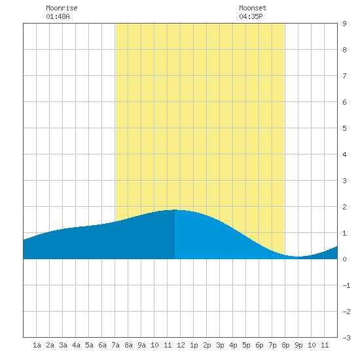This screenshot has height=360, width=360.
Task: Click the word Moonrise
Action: pyautogui.click(x=62, y=8)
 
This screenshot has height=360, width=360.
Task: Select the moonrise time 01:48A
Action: pyautogui.click(x=58, y=16)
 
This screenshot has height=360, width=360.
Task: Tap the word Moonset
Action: pyautogui.click(x=253, y=8)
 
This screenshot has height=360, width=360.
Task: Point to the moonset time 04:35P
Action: pyautogui.click(x=251, y=16)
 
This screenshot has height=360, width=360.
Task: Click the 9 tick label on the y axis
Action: pyautogui.click(x=344, y=24)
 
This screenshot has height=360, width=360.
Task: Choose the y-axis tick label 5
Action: pyautogui.click(x=344, y=128)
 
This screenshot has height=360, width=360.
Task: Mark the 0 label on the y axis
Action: pyautogui.click(x=344, y=259)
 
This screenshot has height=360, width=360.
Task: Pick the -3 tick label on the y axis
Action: pyautogui.click(x=346, y=338)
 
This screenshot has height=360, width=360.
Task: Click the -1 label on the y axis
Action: pyautogui.click(x=346, y=285)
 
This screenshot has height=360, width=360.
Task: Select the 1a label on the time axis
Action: pyautogui.click(x=37, y=345)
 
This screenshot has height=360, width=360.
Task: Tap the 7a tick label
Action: pyautogui.click(x=115, y=345)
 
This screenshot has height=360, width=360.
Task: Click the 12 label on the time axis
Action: pyautogui.click(x=181, y=345)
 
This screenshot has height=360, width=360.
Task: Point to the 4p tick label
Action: pyautogui.click(x=233, y=345)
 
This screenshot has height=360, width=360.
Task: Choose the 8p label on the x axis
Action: pyautogui.click(x=285, y=345)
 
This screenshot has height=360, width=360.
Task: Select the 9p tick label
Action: pyautogui.click(x=298, y=345)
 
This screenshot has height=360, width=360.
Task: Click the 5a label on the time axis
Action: pyautogui.click(x=89, y=345)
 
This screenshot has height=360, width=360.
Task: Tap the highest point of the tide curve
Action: pyautogui.click(x=175, y=209)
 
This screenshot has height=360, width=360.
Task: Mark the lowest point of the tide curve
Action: pyautogui.click(x=298, y=257)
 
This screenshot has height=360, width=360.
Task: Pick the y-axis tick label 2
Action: pyautogui.click(x=344, y=207)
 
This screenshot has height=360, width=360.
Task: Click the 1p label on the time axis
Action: pyautogui.click(x=194, y=345)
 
